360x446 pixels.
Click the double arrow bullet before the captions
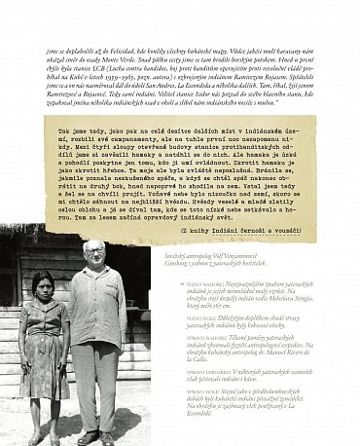pos(182,281)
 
